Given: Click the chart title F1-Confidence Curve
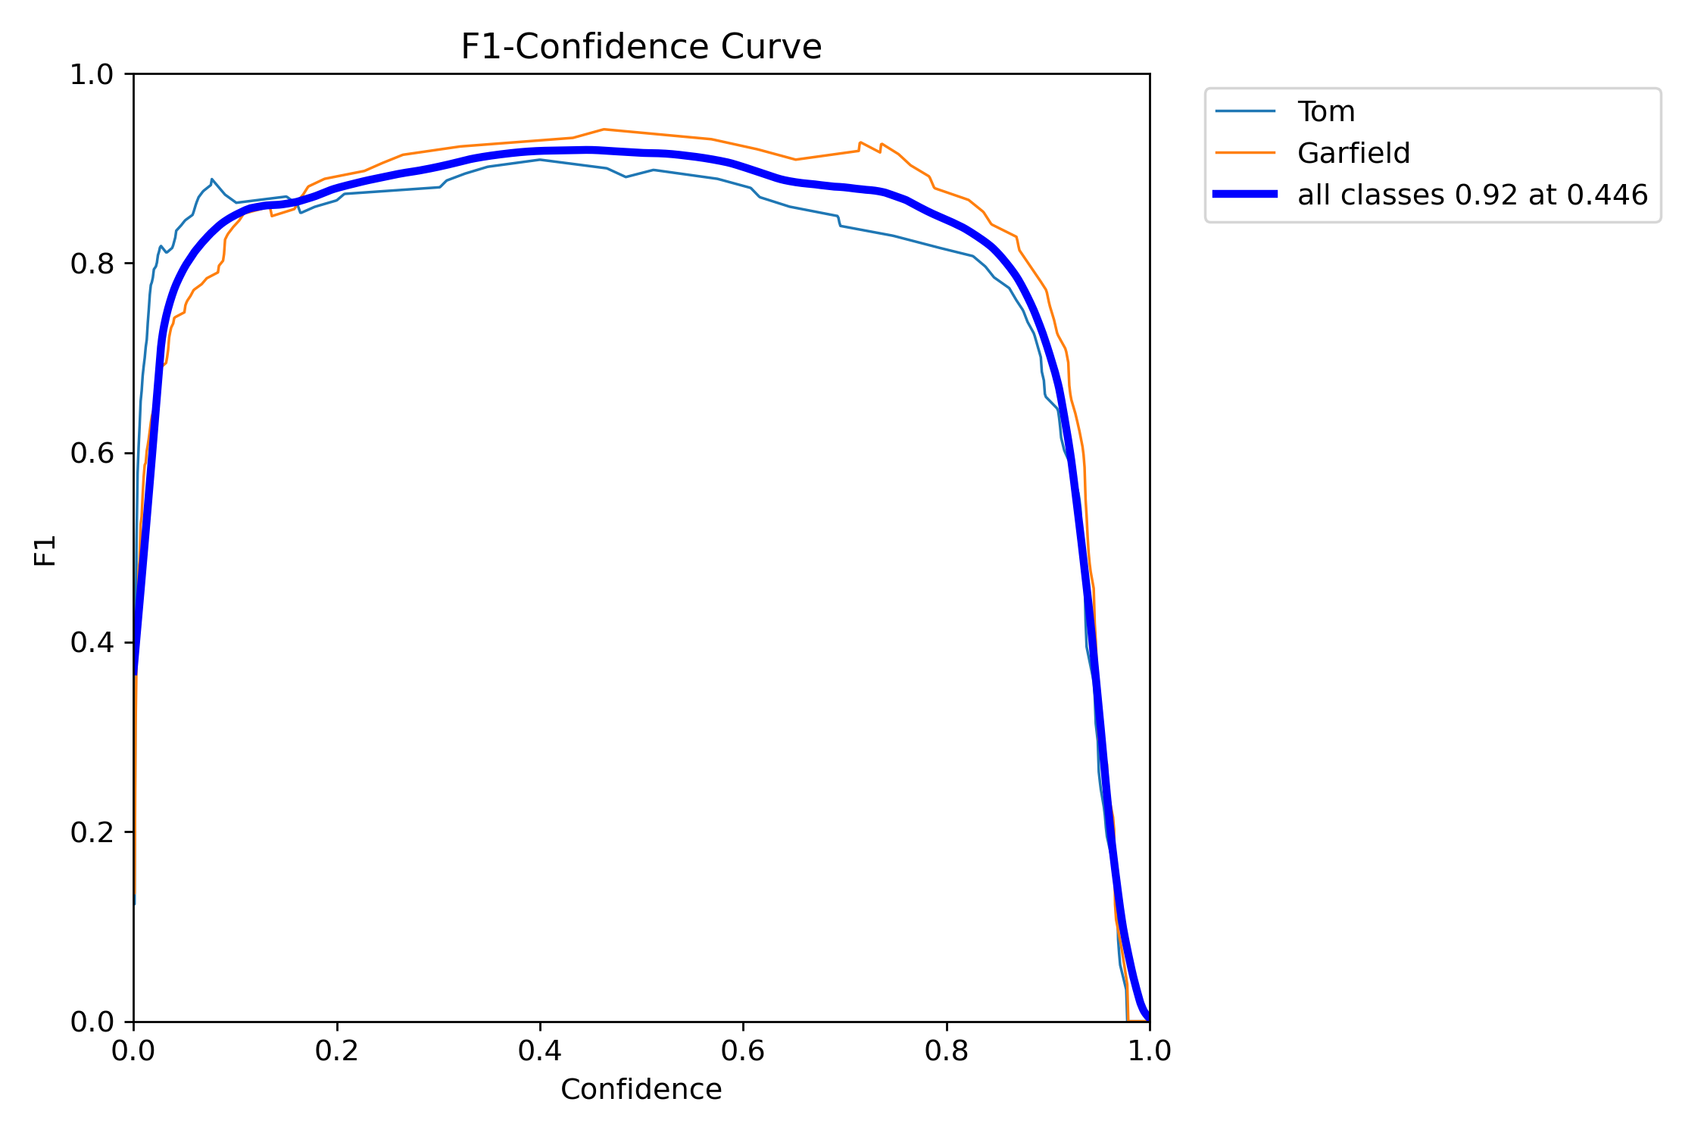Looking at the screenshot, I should pyautogui.click(x=641, y=47).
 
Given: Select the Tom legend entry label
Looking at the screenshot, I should pyautogui.click(x=1326, y=112).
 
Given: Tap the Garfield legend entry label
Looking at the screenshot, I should pyautogui.click(x=1353, y=154).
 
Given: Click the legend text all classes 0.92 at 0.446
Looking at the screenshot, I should pyautogui.click(x=1472, y=195).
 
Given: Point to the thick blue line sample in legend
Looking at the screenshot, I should pyautogui.click(x=1245, y=195).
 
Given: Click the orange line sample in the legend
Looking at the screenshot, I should pyautogui.click(x=1245, y=153).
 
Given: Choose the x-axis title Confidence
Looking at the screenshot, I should pyautogui.click(x=641, y=1090).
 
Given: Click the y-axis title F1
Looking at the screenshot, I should pyautogui.click(x=45, y=551).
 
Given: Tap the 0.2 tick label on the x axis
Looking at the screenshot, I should pyautogui.click(x=336, y=1051).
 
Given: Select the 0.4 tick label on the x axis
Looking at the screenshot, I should pyautogui.click(x=539, y=1051).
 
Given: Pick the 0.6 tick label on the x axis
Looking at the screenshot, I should pyautogui.click(x=743, y=1051).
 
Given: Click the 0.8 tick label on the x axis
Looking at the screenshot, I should pyautogui.click(x=946, y=1051).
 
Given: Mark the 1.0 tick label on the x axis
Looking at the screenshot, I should pyautogui.click(x=1149, y=1051).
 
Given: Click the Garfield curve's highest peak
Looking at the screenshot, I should pyautogui.click(x=603, y=130).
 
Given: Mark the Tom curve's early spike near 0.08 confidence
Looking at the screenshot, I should pyautogui.click(x=212, y=179).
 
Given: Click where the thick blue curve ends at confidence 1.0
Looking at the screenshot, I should pyautogui.click(x=1148, y=1018).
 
